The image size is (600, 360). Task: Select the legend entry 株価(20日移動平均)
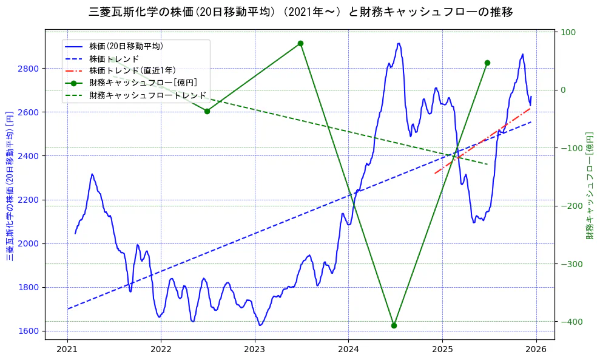click(x=126, y=46)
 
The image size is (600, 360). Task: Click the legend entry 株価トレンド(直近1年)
click(x=132, y=70)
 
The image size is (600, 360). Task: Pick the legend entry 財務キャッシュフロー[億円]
click(x=143, y=83)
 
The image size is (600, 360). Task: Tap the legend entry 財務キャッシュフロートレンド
click(x=147, y=95)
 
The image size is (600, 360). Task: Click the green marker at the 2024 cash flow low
click(x=394, y=325)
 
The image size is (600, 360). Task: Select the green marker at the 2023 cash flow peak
click(x=300, y=43)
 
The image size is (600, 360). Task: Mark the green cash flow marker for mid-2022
click(x=207, y=111)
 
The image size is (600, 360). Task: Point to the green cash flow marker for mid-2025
click(x=487, y=63)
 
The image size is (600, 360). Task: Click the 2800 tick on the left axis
click(x=28, y=69)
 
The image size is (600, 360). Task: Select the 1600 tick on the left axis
click(x=28, y=331)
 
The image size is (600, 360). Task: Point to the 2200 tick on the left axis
click(x=28, y=200)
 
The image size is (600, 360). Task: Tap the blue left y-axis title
click(x=10, y=186)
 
